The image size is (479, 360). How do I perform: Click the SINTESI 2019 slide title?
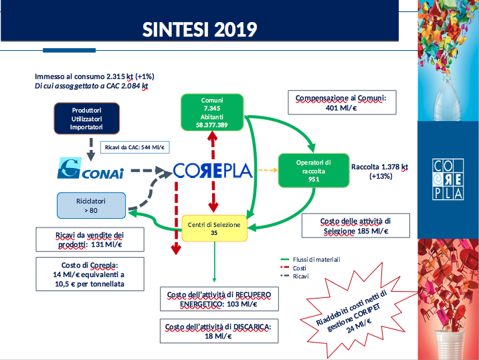pos(199,29)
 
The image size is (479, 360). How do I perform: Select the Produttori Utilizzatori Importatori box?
pos(87,118)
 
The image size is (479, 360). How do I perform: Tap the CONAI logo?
pos(91,168)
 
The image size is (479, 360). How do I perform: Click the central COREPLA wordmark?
pos(213,171)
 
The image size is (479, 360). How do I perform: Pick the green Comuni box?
pos(212,112)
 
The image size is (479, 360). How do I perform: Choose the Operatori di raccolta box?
pos(314,171)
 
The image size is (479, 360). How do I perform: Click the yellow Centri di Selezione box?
pos(214,229)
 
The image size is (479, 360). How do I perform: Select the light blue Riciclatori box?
pos(91,205)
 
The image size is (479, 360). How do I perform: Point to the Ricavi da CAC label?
pos(134,147)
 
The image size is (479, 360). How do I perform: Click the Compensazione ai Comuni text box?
pos(342,102)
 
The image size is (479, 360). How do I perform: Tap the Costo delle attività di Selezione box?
pos(356,226)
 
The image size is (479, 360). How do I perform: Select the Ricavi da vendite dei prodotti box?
pos(90,240)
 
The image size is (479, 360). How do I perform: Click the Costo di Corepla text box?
pos(90,274)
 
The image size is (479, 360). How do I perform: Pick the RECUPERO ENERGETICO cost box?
pos(219,299)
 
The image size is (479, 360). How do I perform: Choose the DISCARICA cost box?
pos(219,331)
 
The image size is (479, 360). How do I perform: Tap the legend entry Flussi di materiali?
pos(310,260)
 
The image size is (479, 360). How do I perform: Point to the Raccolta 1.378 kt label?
pos(380,171)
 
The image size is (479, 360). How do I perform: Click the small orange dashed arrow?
pos(268,170)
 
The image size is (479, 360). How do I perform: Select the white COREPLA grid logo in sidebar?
pos(448,179)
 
